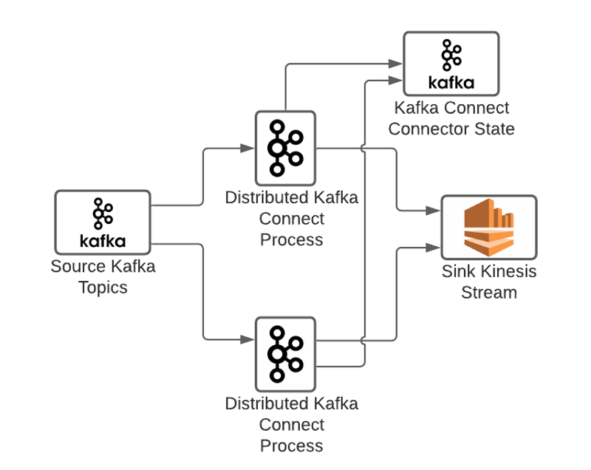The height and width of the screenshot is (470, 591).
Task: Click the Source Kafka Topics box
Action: (103, 222)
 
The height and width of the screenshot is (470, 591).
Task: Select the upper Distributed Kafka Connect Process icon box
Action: (285, 148)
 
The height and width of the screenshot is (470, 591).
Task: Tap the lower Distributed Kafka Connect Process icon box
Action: (285, 354)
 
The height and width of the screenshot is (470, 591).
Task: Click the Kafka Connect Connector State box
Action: (451, 64)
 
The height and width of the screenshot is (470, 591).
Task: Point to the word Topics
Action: (103, 287)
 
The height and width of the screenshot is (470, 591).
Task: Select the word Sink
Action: (459, 271)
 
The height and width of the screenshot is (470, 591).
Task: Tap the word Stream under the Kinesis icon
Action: (488, 292)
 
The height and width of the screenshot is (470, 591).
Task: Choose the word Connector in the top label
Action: (428, 129)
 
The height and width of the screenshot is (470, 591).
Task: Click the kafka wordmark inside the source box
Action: (103, 241)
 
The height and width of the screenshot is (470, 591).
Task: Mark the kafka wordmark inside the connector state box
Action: (451, 82)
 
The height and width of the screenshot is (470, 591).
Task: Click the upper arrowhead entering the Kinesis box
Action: (435, 211)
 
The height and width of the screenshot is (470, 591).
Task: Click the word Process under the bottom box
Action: (291, 446)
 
